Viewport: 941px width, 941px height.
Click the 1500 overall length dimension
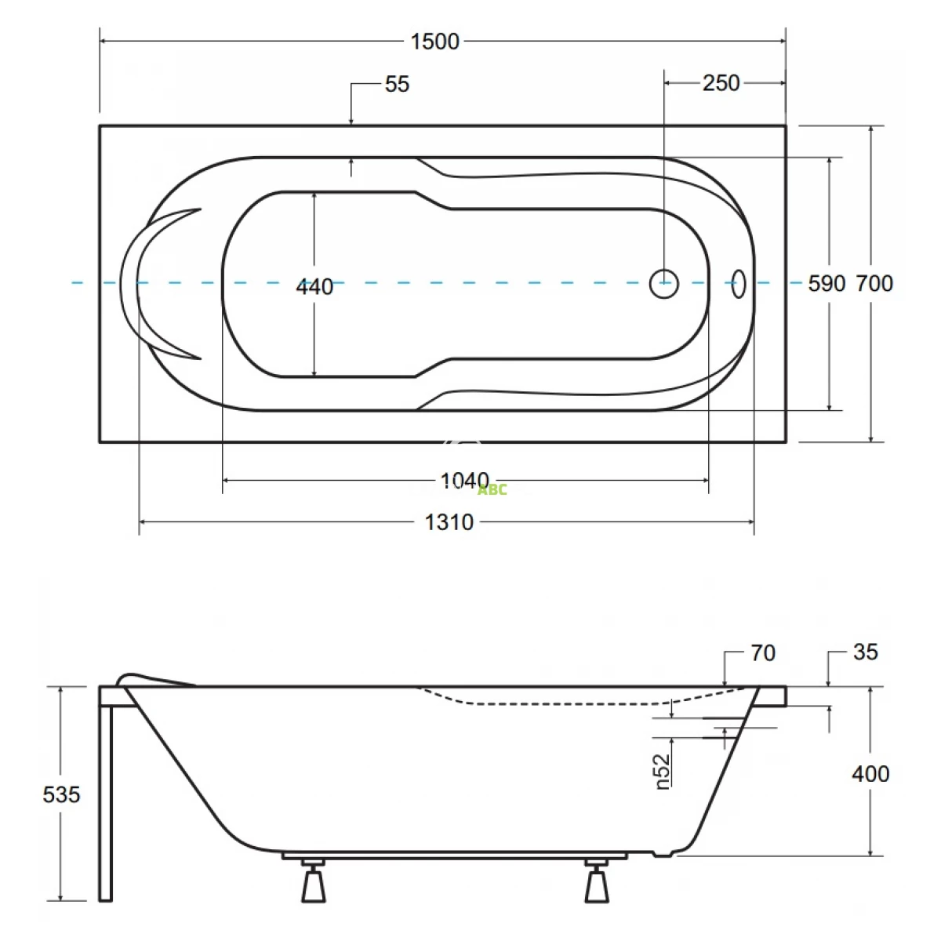tap(434, 42)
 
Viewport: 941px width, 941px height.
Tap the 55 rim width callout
tap(397, 84)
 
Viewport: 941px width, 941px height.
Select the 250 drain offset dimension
tap(721, 83)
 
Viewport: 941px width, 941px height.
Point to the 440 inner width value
tap(314, 287)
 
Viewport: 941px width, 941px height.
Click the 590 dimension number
tap(827, 284)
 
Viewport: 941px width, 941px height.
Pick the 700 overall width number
tap(874, 284)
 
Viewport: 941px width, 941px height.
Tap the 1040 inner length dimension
tap(464, 481)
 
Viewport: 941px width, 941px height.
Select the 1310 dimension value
tap(449, 522)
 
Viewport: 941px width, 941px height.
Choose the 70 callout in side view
tap(763, 653)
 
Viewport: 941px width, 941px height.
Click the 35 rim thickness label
tap(866, 652)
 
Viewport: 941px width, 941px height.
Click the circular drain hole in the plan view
tap(663, 283)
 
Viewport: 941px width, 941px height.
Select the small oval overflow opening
tap(739, 284)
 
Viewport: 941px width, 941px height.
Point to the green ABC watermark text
tap(492, 490)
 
